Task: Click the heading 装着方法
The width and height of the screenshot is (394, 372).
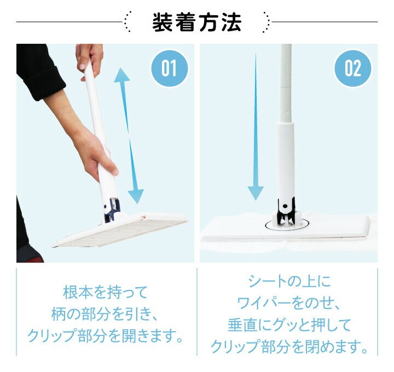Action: (196, 22)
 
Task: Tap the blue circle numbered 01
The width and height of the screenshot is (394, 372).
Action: (169, 68)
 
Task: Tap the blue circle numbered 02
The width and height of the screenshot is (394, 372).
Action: (352, 68)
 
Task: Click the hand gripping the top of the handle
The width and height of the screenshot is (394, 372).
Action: (90, 59)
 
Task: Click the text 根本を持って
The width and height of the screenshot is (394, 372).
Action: (105, 292)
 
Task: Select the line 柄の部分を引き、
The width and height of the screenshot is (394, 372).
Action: (105, 314)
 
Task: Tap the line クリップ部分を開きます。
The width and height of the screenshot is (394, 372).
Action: (105, 336)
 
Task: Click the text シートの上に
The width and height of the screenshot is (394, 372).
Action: (289, 281)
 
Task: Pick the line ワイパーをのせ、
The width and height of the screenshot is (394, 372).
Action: (289, 303)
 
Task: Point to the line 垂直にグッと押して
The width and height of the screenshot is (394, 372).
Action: (289, 325)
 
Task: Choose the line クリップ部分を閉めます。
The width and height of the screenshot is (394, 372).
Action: (289, 347)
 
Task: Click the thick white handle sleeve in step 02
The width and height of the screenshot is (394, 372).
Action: (286, 161)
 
